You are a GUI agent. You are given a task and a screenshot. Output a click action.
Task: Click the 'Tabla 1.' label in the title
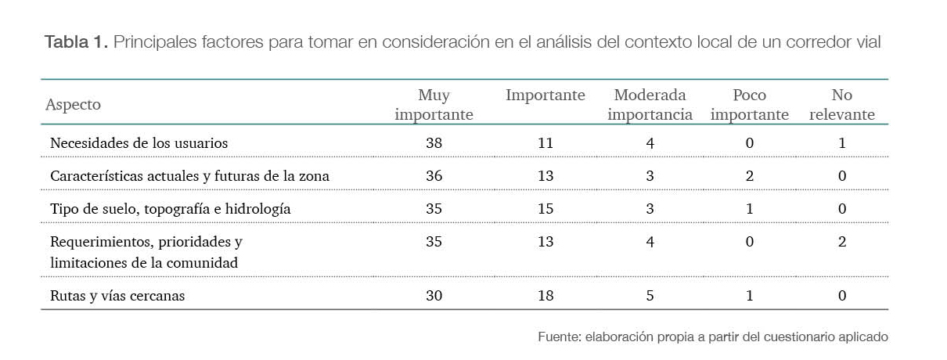click(x=76, y=42)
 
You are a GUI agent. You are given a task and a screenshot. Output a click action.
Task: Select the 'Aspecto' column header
click(x=73, y=105)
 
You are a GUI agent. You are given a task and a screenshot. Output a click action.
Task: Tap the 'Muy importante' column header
click(x=434, y=105)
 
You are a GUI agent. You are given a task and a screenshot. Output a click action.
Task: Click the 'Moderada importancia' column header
click(x=650, y=105)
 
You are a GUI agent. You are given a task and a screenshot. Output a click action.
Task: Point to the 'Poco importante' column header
click(x=749, y=105)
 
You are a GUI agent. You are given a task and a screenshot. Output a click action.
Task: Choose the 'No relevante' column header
click(x=841, y=105)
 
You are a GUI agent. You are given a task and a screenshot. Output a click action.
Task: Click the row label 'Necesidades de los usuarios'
click(x=139, y=143)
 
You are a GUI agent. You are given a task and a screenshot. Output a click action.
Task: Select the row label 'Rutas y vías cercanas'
click(x=117, y=296)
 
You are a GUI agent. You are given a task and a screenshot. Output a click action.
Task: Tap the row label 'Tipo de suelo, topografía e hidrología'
click(x=170, y=209)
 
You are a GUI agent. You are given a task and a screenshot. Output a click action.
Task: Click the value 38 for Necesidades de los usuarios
click(x=434, y=143)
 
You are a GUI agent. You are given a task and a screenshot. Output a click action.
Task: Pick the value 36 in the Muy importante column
click(x=434, y=176)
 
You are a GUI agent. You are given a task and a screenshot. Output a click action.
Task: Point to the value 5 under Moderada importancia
click(x=650, y=296)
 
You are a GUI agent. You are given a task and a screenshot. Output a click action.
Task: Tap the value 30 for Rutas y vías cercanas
click(x=434, y=296)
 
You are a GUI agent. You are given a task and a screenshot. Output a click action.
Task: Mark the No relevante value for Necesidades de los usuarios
click(x=841, y=143)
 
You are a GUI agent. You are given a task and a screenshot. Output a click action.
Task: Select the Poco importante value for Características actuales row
click(x=749, y=176)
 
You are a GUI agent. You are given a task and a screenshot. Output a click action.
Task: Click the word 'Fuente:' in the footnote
click(x=558, y=337)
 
